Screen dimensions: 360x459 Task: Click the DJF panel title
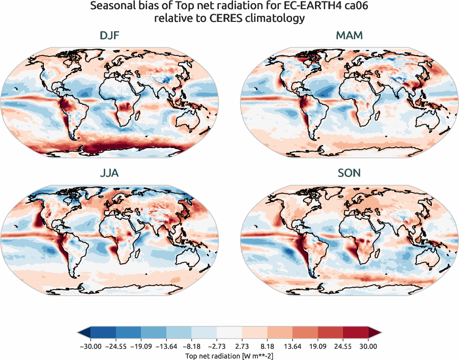tap(110, 36)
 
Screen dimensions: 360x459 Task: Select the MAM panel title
tap(349, 36)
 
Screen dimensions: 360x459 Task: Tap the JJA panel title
tap(110, 173)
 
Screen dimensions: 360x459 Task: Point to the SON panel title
tap(349, 173)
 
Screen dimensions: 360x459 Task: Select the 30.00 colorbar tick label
tap(368, 346)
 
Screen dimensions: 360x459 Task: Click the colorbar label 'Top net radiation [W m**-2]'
tap(230, 355)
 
